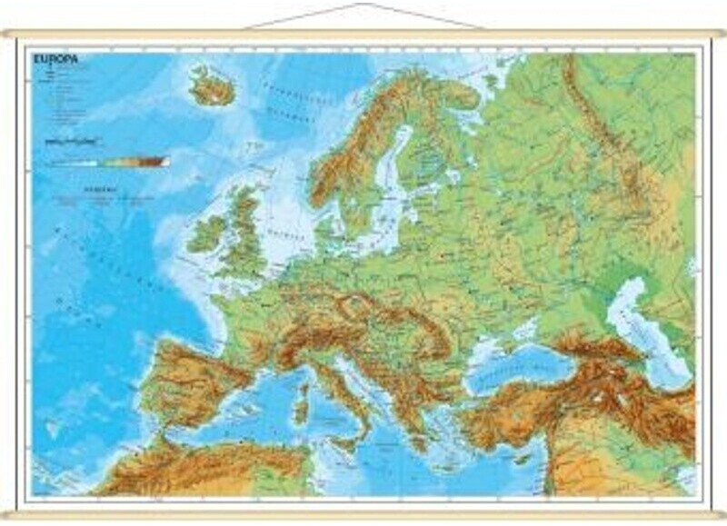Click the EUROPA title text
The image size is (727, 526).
coord(55,58)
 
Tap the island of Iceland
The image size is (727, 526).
coord(211,85)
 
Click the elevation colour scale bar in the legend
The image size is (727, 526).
coord(109,162)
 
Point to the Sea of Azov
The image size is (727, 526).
coord(547,330)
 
